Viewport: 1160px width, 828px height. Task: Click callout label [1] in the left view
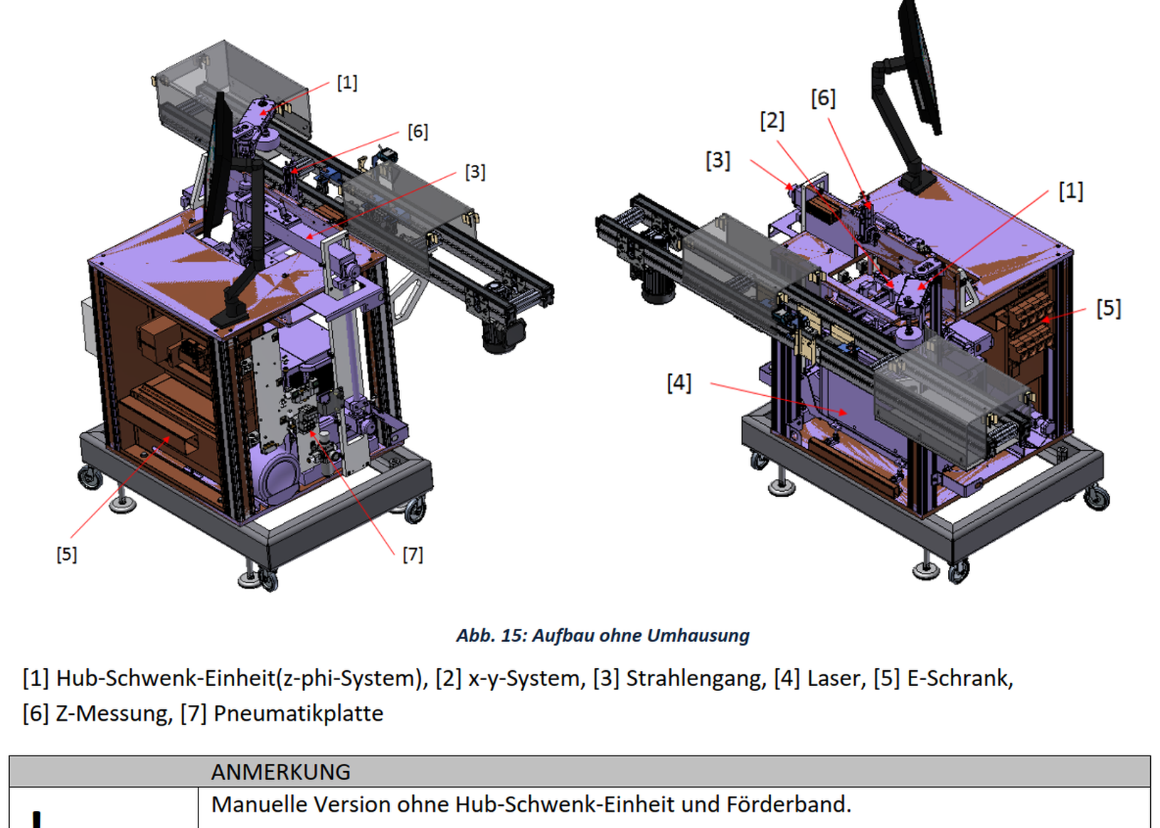347,82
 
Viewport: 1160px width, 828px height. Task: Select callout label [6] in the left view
418,131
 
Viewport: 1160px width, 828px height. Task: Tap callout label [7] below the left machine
413,555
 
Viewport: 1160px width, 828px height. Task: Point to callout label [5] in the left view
67,555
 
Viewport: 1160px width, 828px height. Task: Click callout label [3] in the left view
475,172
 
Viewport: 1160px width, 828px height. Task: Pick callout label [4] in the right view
679,383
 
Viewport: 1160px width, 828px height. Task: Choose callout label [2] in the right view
772,121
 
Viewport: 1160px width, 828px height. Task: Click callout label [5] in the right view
1109,308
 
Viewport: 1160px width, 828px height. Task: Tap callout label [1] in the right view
1071,191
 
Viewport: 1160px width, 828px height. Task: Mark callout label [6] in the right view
824,98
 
